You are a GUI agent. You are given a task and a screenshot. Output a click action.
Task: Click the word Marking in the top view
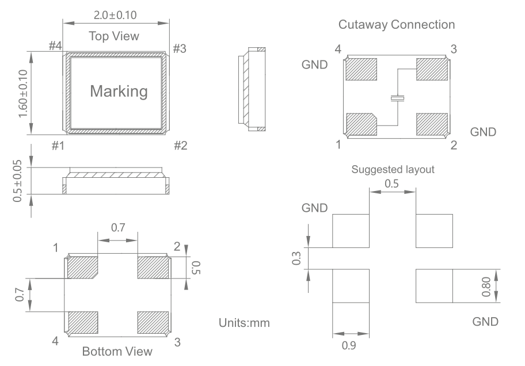[x=119, y=91]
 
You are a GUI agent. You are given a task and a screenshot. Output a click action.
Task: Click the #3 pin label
[x=179, y=48]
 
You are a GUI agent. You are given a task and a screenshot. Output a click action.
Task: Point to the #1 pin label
[x=57, y=146]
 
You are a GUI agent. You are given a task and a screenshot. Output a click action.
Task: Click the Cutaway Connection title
[x=397, y=25]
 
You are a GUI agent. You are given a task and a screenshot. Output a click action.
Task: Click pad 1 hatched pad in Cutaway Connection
[x=361, y=123]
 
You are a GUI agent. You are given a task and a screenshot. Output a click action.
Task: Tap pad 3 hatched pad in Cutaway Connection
[x=431, y=70]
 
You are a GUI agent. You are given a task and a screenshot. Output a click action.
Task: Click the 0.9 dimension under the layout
[x=350, y=346]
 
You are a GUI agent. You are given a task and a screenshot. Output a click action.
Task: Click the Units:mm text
[x=245, y=323]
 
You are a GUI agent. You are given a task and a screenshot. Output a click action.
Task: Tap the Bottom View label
[x=117, y=351]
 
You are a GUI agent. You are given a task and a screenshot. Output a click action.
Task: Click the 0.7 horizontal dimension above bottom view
[x=117, y=228]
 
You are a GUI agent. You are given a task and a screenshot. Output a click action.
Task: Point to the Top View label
[x=113, y=36]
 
